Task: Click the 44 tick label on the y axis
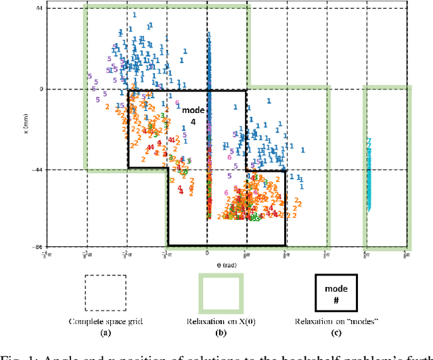[39, 9]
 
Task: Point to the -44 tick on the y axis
[37, 170]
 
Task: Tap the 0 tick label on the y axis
[41, 89]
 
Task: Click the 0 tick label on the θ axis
[208, 253]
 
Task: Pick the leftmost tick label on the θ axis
[47, 254]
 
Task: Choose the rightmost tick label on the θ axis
[405, 254]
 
